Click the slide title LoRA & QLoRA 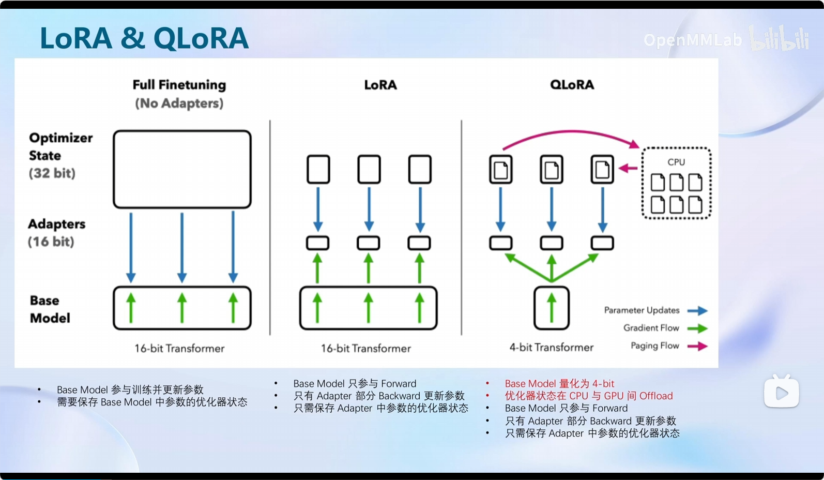click(x=144, y=38)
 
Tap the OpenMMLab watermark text click(x=692, y=40)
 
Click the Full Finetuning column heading click(x=179, y=85)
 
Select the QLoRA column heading click(x=572, y=85)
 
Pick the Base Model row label click(x=49, y=309)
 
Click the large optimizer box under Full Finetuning click(x=182, y=169)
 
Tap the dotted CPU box click(x=676, y=183)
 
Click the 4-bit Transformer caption click(x=551, y=348)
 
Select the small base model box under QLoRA click(x=552, y=308)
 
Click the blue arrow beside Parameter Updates click(x=697, y=311)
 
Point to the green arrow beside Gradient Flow click(x=697, y=328)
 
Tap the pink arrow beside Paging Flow click(x=697, y=346)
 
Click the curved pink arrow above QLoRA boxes click(x=569, y=133)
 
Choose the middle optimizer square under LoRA click(x=369, y=169)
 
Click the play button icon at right click(x=781, y=393)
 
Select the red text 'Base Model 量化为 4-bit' click(x=559, y=384)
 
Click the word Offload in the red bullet click(x=656, y=396)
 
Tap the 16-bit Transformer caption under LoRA click(x=365, y=349)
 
